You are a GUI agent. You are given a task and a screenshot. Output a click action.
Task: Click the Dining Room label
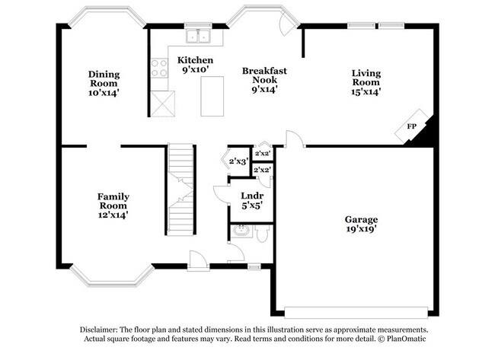point(103,83)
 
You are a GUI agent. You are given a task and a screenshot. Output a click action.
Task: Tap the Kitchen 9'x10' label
point(195,65)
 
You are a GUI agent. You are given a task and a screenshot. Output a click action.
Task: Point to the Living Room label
point(366,82)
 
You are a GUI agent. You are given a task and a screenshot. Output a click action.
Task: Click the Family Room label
point(112,205)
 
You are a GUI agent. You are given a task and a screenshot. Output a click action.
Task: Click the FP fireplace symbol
point(412,126)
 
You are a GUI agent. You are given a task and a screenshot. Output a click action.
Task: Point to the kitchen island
point(212,96)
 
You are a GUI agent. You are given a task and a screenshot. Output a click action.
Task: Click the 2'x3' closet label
point(238,161)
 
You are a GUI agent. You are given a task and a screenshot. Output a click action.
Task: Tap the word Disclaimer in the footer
point(103,330)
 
